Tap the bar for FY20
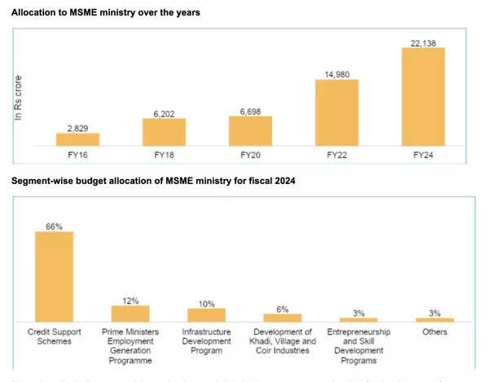[x=250, y=131]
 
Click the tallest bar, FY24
[x=423, y=97]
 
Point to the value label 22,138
[x=423, y=41]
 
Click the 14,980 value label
[x=337, y=73]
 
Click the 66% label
[x=54, y=225]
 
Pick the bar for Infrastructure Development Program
[x=206, y=314]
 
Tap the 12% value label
[x=130, y=299]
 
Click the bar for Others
[x=434, y=319]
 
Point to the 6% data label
[x=282, y=308]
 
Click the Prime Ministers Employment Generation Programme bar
[x=130, y=314]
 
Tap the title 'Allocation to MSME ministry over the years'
[x=106, y=14]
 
